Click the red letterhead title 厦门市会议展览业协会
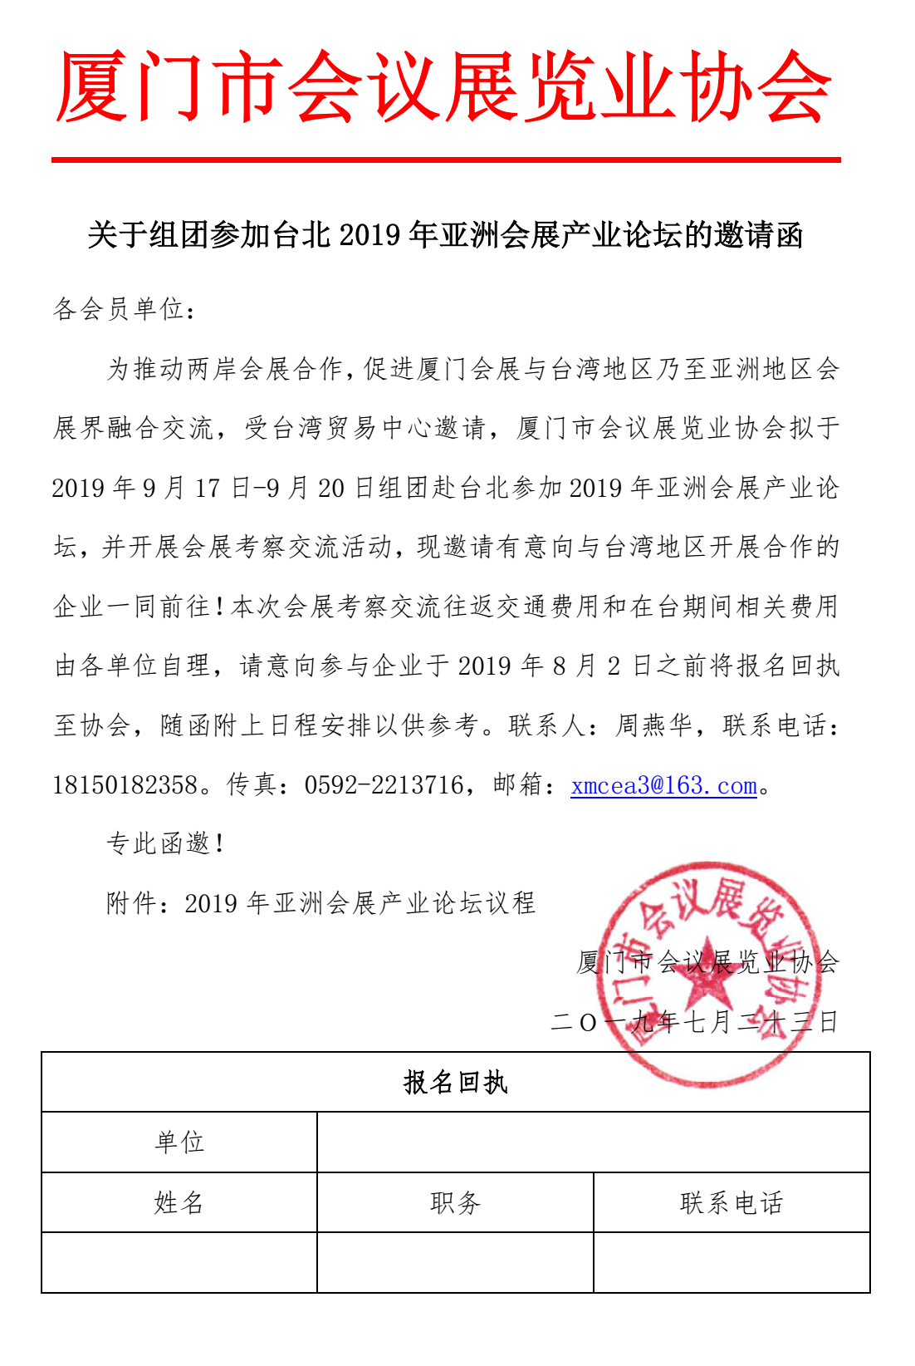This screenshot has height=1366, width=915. (444, 87)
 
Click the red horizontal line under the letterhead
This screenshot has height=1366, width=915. (446, 159)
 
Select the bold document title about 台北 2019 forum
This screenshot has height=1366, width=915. (445, 236)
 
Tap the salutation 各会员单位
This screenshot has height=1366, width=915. (125, 310)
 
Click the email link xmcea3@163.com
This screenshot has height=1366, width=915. (663, 785)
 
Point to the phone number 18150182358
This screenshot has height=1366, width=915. (125, 785)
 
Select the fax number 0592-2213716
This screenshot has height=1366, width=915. (384, 785)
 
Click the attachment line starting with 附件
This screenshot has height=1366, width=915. (320, 903)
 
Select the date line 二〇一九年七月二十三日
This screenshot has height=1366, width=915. (694, 1022)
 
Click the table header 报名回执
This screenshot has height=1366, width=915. (455, 1083)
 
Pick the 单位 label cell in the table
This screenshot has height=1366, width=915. (179, 1142)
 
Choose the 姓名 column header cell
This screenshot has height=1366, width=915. (179, 1202)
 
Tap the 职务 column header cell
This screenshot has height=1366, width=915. (455, 1202)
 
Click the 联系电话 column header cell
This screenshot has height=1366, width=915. (732, 1202)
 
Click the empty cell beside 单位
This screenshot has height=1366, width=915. (593, 1142)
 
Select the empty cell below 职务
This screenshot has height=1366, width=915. (455, 1262)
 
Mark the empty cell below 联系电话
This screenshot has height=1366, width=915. (732, 1262)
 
